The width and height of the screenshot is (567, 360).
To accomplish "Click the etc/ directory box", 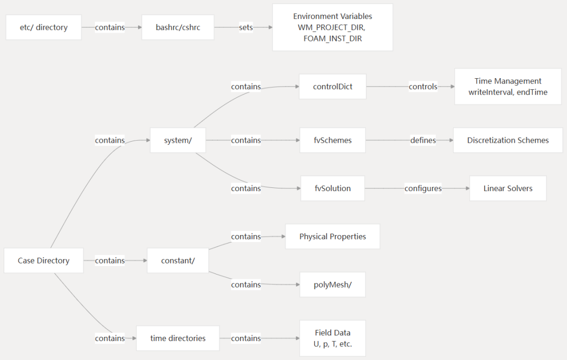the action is point(44,27).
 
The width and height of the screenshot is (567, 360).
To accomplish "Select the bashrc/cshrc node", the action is point(178,27).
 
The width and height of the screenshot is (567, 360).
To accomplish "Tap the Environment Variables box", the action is point(333,27).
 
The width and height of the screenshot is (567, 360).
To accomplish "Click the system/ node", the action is point(178,140).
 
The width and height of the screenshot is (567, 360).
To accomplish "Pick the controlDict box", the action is point(333,87).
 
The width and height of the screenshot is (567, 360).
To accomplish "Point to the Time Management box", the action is point(508,87).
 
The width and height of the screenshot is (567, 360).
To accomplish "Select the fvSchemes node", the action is point(333,140).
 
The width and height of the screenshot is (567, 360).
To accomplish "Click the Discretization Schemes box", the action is point(508,140).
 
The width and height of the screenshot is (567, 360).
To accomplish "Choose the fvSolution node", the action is point(333,188).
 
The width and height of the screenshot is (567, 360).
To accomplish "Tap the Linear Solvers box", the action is point(508,188).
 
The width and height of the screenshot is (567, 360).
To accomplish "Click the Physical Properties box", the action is point(333,236).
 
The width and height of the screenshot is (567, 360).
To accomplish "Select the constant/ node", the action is point(178,261).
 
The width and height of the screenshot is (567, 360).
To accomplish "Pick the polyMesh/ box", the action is point(333,284).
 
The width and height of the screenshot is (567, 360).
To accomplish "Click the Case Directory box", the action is point(44,261).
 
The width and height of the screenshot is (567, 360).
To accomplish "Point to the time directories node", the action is point(178,338).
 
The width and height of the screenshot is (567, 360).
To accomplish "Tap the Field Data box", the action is point(333,338).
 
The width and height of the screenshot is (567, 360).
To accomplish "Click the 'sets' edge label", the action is point(246,27).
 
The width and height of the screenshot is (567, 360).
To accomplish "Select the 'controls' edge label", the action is point(423,87).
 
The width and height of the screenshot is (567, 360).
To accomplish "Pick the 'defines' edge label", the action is point(423,140).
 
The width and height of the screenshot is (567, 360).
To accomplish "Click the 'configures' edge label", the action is point(423,188).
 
